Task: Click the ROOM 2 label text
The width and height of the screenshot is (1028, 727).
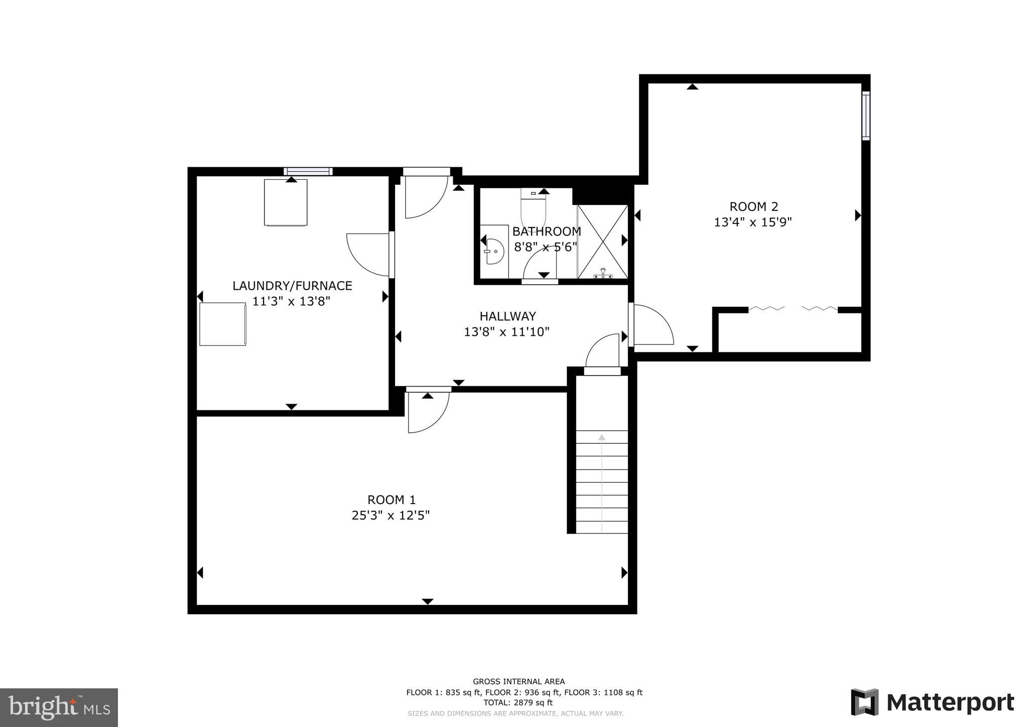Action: point(753,206)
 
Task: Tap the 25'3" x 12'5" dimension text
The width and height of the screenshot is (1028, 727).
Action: point(391,516)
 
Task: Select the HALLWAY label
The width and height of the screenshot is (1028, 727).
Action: point(507,316)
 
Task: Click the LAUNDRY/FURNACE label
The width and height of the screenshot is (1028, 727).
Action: point(292,286)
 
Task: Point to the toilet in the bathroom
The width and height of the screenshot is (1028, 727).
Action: point(533,208)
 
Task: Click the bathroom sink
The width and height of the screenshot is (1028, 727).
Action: point(494,252)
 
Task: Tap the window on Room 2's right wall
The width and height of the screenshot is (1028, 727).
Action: point(865,115)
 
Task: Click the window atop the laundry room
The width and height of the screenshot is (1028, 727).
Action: point(308,172)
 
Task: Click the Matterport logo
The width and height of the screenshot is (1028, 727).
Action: point(932,702)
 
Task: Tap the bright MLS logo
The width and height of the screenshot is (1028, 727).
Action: point(59,707)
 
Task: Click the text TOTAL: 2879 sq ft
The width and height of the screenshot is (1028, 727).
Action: point(518,703)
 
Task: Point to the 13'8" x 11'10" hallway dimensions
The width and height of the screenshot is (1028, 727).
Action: point(506,332)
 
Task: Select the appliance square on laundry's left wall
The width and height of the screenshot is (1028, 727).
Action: point(223,324)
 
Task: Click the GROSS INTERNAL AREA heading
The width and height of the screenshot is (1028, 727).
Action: point(519,681)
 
